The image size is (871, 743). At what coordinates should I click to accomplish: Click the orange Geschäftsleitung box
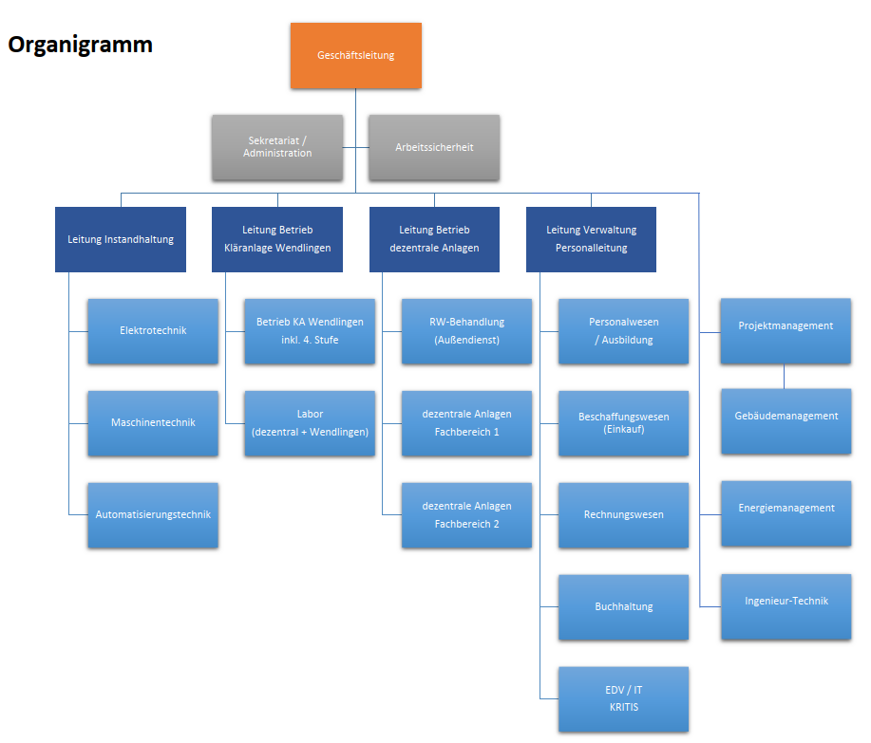click(355, 55)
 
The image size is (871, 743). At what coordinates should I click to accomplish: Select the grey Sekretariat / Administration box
click(277, 147)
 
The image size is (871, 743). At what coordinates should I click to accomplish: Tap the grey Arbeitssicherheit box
click(434, 147)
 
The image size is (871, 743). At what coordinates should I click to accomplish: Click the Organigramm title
click(81, 45)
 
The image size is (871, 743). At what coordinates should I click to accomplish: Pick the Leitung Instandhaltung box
click(121, 240)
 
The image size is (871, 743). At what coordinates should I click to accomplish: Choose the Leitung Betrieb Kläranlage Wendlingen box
click(277, 240)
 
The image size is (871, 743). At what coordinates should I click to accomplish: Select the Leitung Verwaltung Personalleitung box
click(591, 240)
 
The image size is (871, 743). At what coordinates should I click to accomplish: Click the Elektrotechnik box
click(153, 331)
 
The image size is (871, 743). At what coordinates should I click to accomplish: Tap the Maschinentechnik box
click(153, 423)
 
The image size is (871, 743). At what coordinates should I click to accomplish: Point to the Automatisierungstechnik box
click(153, 515)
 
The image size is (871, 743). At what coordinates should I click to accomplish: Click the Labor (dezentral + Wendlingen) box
click(310, 423)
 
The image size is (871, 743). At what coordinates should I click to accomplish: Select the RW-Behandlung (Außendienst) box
click(466, 331)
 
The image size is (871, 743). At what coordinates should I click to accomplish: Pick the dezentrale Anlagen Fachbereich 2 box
click(466, 515)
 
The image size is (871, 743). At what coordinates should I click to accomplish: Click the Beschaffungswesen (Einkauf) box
click(623, 423)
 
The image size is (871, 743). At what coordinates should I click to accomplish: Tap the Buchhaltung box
click(623, 607)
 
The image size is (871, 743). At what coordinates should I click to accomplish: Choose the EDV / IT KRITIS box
click(623, 699)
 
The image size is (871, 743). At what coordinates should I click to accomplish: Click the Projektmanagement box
click(786, 331)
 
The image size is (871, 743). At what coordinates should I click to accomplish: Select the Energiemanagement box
click(786, 513)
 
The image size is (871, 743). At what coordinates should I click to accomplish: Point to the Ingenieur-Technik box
click(786, 607)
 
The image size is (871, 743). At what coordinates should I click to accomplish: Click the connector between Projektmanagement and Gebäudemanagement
click(784, 377)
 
